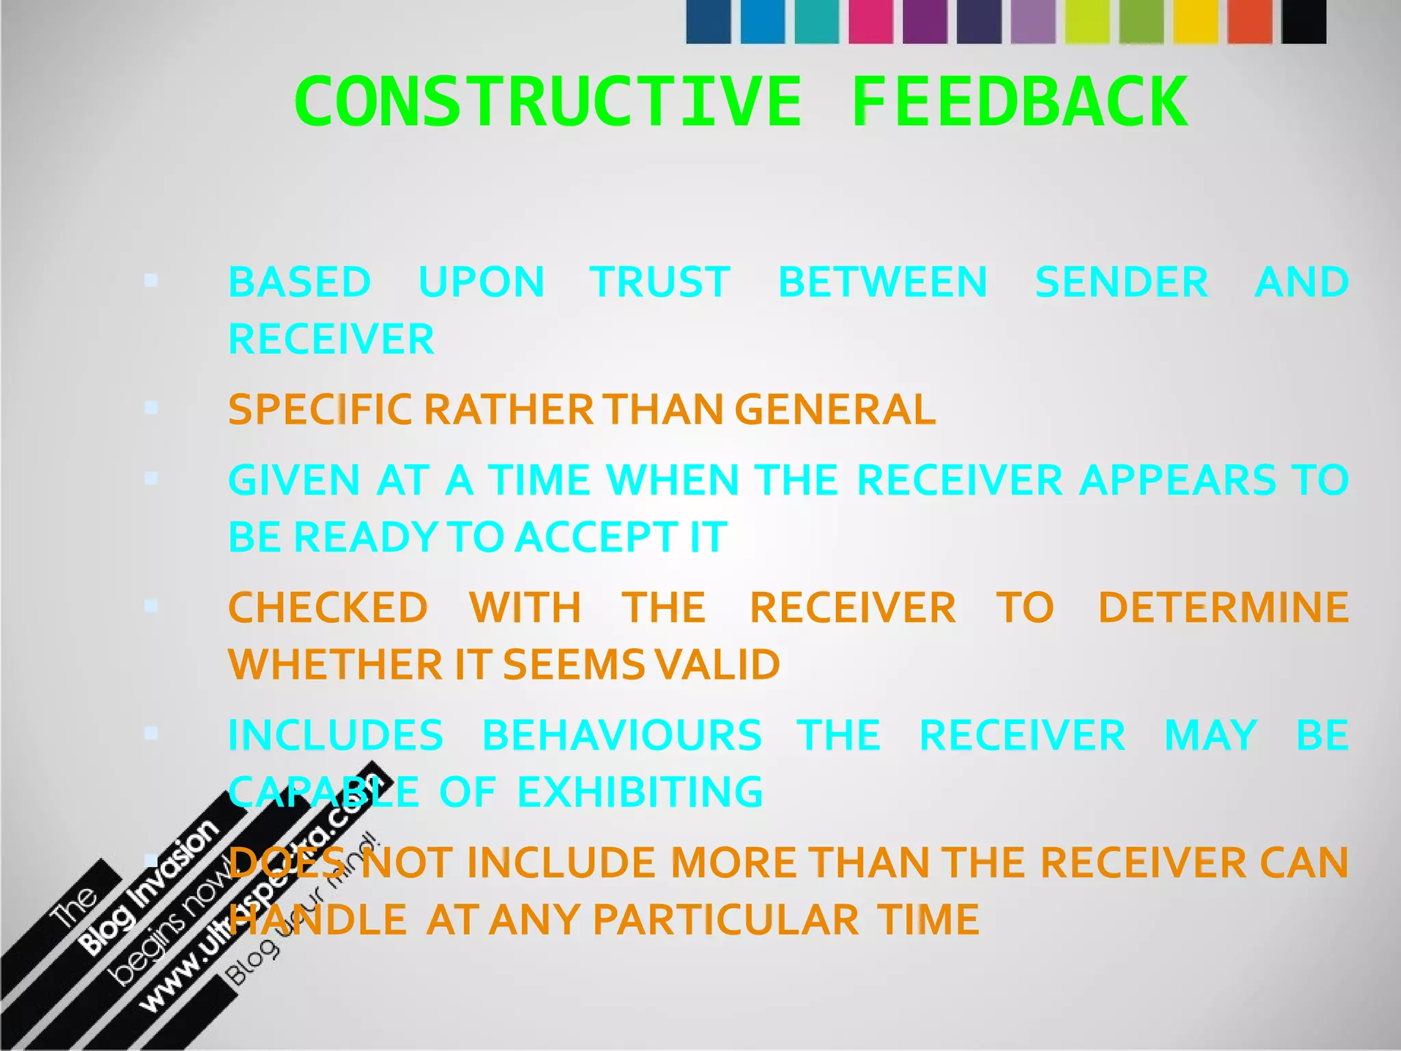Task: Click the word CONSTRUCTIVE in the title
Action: click(x=547, y=103)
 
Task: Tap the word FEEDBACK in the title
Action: click(x=1019, y=103)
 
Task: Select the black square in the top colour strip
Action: click(x=1304, y=22)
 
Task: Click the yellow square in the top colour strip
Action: click(x=1196, y=22)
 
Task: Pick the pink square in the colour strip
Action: click(x=871, y=22)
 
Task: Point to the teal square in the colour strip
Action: click(x=817, y=22)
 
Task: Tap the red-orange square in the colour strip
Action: click(x=1250, y=22)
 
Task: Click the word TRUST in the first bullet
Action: click(x=660, y=282)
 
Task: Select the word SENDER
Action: click(x=1121, y=282)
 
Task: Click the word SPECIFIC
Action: click(x=320, y=409)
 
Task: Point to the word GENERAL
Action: click(x=835, y=409)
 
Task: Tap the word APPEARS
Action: click(x=1177, y=480)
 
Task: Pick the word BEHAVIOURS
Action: click(x=622, y=735)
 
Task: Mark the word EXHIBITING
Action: click(x=640, y=792)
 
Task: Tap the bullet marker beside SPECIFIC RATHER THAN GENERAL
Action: click(x=151, y=408)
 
